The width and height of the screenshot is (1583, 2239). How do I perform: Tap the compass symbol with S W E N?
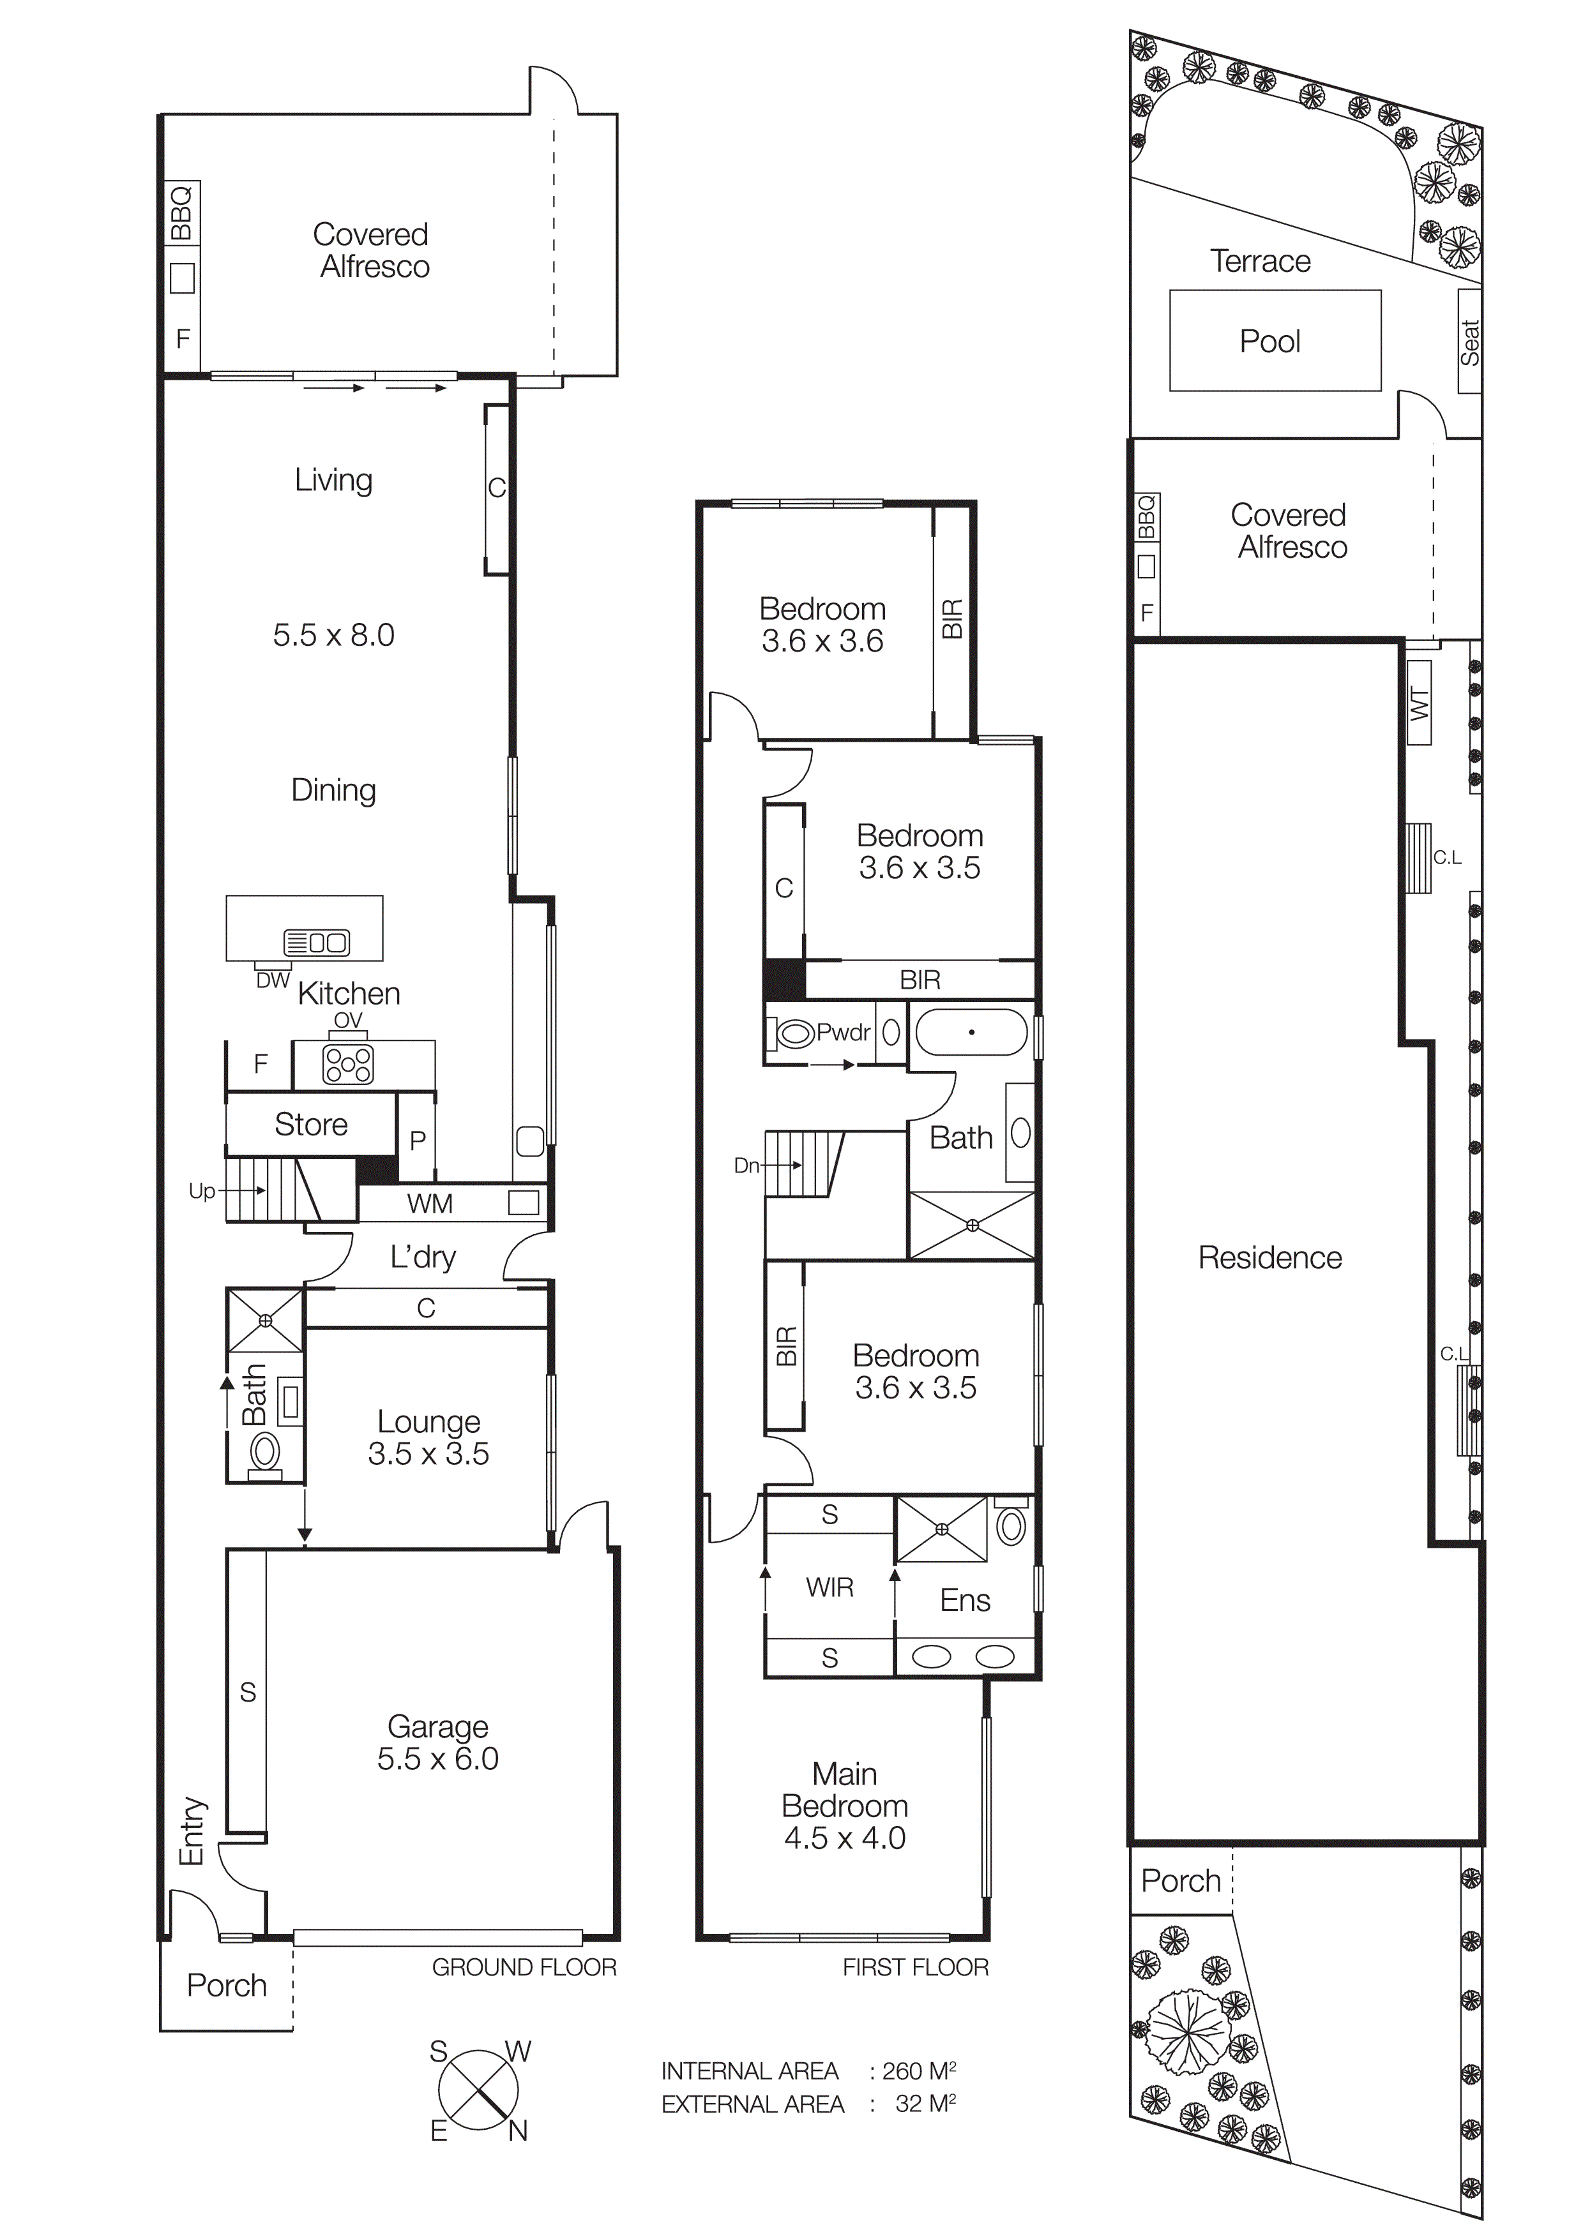tap(478, 2090)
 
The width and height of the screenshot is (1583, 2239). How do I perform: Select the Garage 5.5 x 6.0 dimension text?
tap(438, 1758)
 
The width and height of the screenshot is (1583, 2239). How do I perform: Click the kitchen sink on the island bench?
tap(317, 942)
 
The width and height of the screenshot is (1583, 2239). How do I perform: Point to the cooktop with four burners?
tap(348, 1064)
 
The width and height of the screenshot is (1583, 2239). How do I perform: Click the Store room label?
tap(311, 1125)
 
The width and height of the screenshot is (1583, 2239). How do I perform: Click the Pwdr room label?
tap(843, 1031)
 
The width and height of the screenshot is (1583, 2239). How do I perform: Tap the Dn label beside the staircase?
tap(746, 1165)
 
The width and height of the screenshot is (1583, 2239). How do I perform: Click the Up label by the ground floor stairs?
tap(202, 1191)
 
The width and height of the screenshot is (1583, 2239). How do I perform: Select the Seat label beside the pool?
tap(1469, 342)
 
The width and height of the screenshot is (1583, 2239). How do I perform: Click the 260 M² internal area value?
tap(918, 2071)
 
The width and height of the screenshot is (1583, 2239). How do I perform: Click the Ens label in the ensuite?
tap(965, 1600)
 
